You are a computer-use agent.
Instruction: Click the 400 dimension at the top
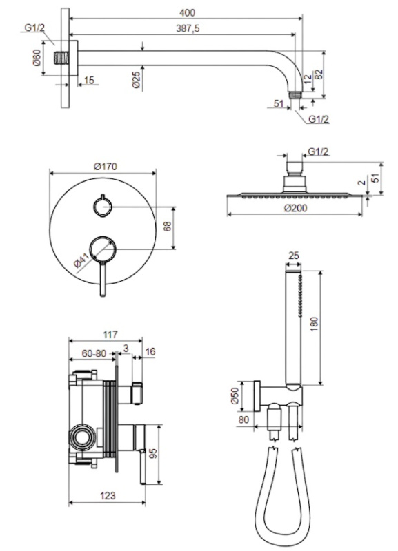(187, 12)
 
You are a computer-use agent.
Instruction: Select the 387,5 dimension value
(188, 28)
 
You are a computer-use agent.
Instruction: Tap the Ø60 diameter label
(37, 58)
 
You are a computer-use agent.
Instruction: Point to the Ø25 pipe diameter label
(136, 80)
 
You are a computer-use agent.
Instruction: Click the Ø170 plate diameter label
(106, 166)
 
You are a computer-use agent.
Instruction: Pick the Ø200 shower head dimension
(295, 209)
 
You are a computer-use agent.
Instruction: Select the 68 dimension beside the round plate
(167, 226)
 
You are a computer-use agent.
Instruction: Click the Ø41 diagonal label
(83, 260)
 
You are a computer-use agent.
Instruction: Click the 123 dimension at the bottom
(108, 495)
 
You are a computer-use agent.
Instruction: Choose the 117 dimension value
(110, 335)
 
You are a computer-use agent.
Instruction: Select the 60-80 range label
(94, 353)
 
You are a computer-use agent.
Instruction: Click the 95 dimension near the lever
(152, 453)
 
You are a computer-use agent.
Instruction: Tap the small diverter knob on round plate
(102, 206)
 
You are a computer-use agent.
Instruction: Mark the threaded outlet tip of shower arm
(296, 95)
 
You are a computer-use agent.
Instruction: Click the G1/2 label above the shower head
(318, 152)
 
